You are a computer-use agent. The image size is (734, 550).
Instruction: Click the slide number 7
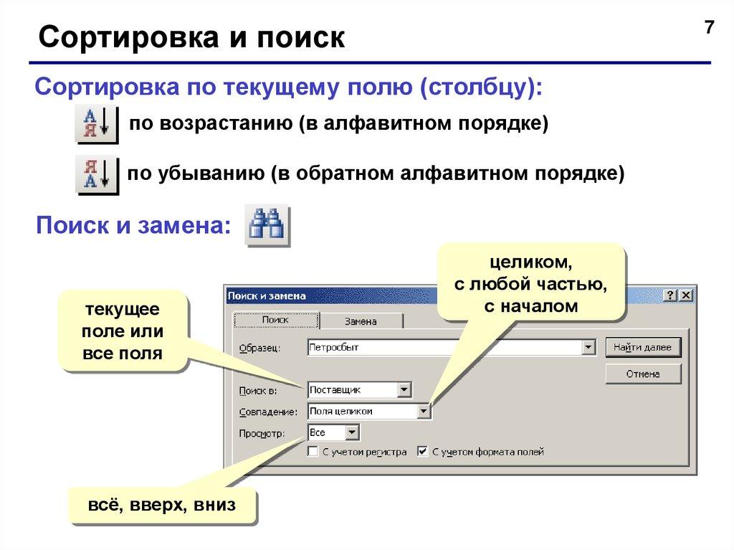[x=709, y=29]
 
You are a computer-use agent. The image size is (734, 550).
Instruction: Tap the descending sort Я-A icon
[x=97, y=174]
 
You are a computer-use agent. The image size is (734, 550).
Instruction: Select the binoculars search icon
[x=267, y=226]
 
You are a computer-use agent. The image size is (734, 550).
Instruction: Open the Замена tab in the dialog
[x=360, y=321]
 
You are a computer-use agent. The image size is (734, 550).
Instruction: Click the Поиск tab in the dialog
[x=275, y=321]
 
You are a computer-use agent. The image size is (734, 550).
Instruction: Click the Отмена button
[x=643, y=374]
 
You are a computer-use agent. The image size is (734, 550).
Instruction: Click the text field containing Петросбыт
[x=444, y=348]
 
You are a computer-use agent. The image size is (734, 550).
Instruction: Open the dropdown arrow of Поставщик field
[x=404, y=390]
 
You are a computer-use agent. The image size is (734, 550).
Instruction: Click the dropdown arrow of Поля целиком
[x=424, y=412]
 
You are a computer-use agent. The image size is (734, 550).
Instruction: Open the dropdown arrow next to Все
[x=352, y=433]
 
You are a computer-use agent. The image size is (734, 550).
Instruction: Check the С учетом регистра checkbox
[x=313, y=452]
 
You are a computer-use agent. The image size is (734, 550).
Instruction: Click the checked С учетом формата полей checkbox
[x=423, y=452]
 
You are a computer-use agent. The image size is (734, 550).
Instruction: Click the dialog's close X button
[x=685, y=295]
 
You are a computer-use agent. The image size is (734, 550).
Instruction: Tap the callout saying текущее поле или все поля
[x=123, y=331]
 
